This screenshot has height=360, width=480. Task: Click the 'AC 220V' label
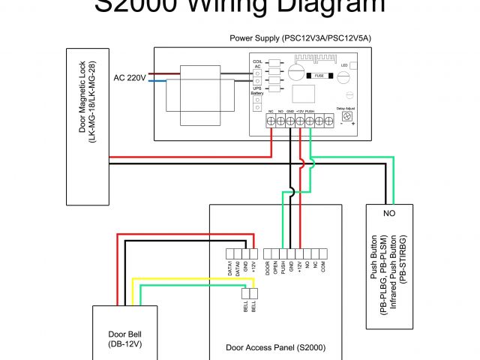coord(130,77)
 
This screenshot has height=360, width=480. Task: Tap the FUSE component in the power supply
coord(319,75)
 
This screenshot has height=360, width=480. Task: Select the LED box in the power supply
coord(343,65)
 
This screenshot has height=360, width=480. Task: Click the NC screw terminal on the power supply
coord(270,120)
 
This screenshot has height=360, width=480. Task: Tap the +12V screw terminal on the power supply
coord(300,120)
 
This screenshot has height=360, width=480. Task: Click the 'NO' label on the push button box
coord(388,213)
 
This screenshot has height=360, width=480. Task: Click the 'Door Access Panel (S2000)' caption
coord(275,348)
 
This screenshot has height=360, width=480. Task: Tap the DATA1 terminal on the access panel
coord(229,253)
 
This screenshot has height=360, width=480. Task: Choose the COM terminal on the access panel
coord(323,253)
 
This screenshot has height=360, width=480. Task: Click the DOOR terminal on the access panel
coord(268,253)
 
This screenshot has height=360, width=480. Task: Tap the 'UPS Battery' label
coord(256,91)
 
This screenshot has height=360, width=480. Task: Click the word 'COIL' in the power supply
coord(256,61)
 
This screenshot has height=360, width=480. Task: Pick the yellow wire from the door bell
coord(187,279)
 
